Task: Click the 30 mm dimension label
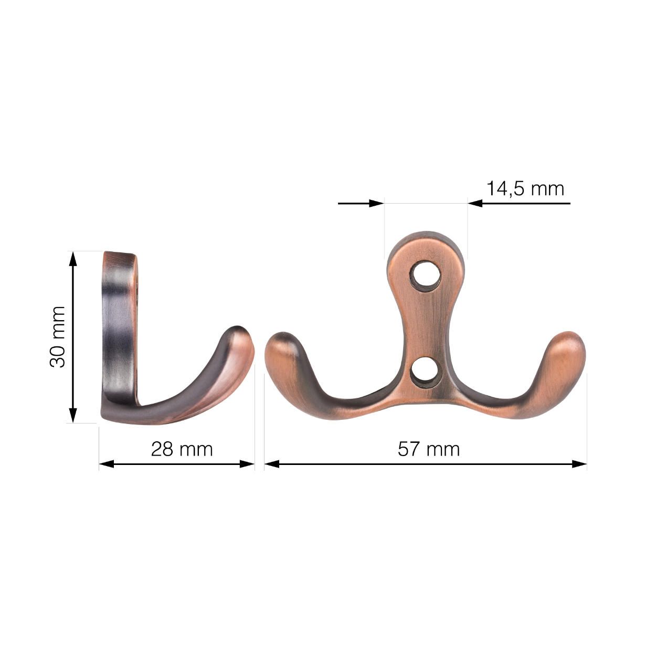pyautogui.click(x=58, y=337)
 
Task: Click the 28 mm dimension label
pyautogui.click(x=182, y=449)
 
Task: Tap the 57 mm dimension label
pyautogui.click(x=428, y=449)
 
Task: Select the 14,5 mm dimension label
pyautogui.click(x=525, y=188)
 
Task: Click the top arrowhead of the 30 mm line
pyautogui.click(x=73, y=258)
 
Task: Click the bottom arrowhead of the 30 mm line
pyautogui.click(x=73, y=416)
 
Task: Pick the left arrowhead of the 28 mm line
pyautogui.click(x=106, y=464)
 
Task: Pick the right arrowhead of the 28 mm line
pyautogui.click(x=248, y=464)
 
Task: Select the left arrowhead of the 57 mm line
pyautogui.click(x=271, y=464)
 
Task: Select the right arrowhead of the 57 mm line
pyautogui.click(x=579, y=464)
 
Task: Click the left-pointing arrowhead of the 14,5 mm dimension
pyautogui.click(x=475, y=203)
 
